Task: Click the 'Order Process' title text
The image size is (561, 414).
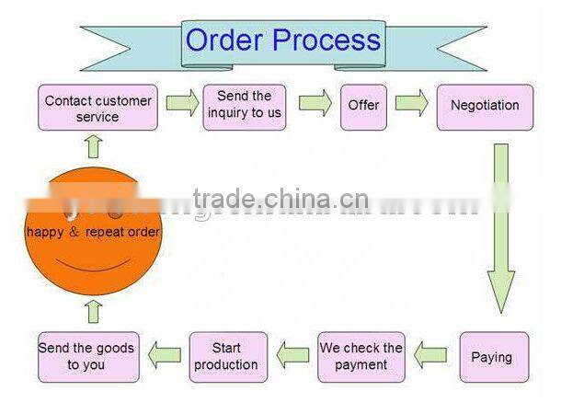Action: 282,40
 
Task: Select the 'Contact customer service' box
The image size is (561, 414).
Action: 97,109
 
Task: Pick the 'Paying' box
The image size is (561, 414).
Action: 494,357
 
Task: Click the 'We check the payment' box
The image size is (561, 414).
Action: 361,357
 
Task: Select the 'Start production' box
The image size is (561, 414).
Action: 228,357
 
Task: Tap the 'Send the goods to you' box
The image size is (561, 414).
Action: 87,357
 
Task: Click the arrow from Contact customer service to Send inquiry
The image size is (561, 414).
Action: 182,103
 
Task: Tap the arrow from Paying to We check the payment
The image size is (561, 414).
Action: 430,353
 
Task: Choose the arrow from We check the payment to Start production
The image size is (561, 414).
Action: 294,353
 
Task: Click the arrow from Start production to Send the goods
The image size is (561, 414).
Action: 166,353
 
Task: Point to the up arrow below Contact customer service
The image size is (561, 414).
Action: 92,145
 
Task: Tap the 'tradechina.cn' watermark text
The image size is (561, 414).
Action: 280,200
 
